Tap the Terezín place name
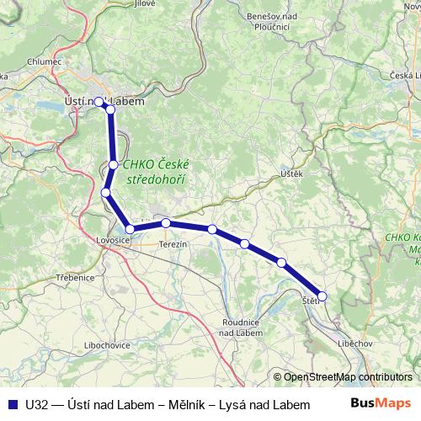click(172, 242)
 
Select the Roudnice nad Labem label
click(244, 326)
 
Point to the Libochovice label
click(106, 345)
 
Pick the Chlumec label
click(44, 61)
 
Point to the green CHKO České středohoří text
click(157, 173)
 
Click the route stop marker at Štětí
click(322, 296)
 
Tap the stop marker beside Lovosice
click(130, 229)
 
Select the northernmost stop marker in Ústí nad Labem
click(99, 102)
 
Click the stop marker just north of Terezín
click(167, 223)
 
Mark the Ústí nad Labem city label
click(104, 101)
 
